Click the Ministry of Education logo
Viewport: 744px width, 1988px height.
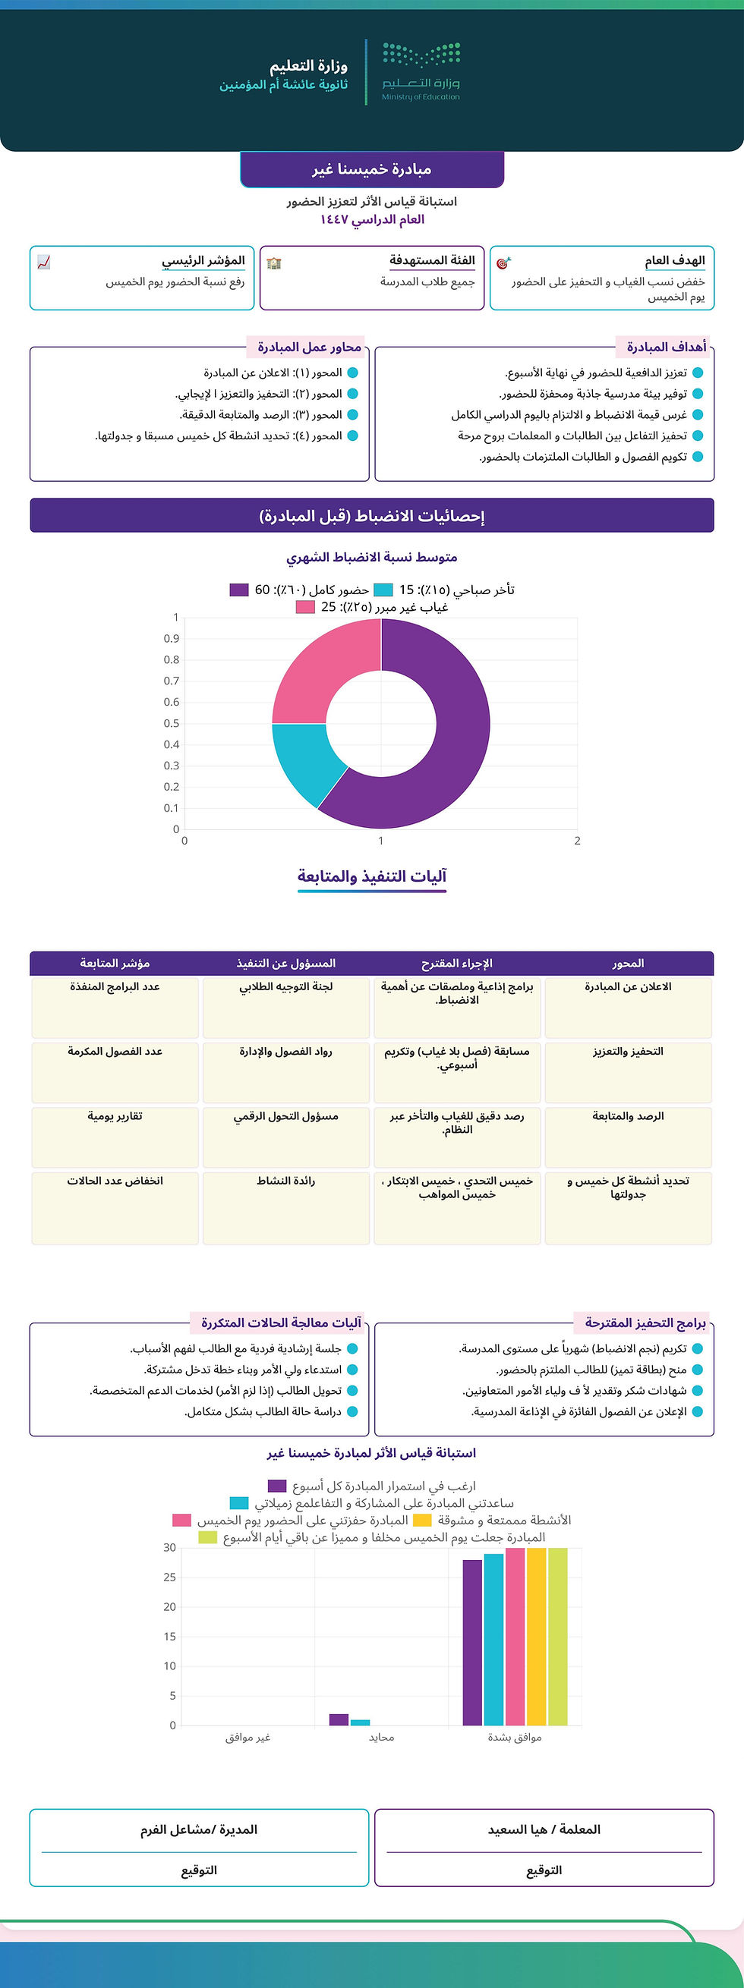(421, 71)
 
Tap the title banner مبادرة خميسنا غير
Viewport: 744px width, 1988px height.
(372, 169)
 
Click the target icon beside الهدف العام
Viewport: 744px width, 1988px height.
(503, 263)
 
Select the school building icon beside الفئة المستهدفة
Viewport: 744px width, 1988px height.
(274, 263)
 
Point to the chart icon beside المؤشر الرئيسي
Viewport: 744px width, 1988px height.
(44, 263)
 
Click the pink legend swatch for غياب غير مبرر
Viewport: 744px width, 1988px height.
(305, 607)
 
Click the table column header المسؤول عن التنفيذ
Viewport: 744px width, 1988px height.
(285, 963)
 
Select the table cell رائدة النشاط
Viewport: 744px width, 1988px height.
(285, 1181)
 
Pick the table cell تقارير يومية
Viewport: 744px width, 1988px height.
(115, 1116)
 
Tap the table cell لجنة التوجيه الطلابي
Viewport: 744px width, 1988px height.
(285, 986)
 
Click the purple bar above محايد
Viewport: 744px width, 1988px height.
(339, 1719)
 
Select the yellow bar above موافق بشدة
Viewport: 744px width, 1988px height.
(537, 1636)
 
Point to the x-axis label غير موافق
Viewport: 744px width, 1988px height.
(247, 1737)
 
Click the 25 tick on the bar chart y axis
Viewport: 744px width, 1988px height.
(170, 1578)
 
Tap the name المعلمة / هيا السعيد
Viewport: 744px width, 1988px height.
(544, 1829)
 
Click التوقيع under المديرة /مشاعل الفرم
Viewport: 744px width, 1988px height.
(199, 1870)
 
